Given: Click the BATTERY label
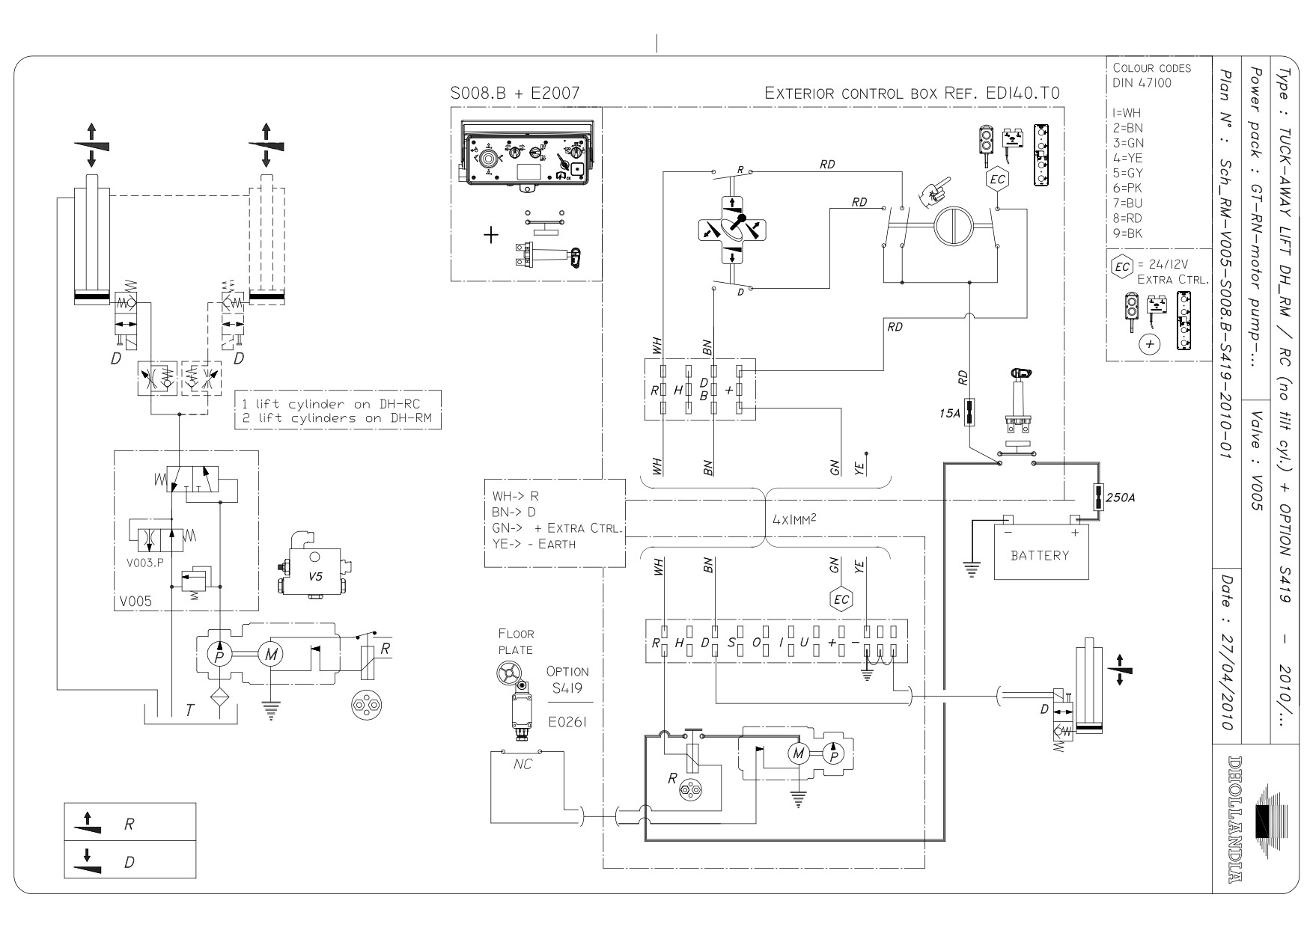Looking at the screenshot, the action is coord(1040,555).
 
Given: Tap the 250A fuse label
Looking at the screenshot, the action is coord(1121,497).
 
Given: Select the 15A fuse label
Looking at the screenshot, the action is coord(948,413).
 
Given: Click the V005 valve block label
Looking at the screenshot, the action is coord(132,602).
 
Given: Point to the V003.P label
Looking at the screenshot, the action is coord(144,563).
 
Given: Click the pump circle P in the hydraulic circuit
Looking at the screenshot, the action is coord(219,655).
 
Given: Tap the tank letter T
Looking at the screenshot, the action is coord(189,711).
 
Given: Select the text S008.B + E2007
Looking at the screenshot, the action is coord(514,94).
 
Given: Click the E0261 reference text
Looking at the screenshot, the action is coord(567,722).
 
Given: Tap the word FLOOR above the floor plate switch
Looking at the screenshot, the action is coord(517,634).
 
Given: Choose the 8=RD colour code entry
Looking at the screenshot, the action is coord(1128,218).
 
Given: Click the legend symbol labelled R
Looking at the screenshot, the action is coord(90,823).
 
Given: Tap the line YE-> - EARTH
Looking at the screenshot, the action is coord(534,544).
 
